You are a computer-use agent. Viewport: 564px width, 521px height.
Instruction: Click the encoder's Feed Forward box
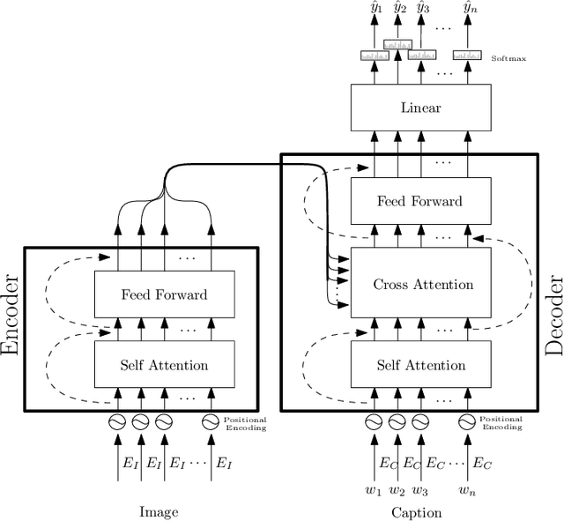point(164,294)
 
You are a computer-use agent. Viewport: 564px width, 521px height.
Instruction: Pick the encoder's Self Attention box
point(164,365)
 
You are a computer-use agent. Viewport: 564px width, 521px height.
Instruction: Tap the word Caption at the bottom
point(418,511)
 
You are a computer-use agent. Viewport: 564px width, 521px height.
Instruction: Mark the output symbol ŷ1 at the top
point(374,9)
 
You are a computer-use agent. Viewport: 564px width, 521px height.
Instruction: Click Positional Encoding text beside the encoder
point(245,423)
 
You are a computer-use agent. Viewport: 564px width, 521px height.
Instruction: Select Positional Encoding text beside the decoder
point(501,423)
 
